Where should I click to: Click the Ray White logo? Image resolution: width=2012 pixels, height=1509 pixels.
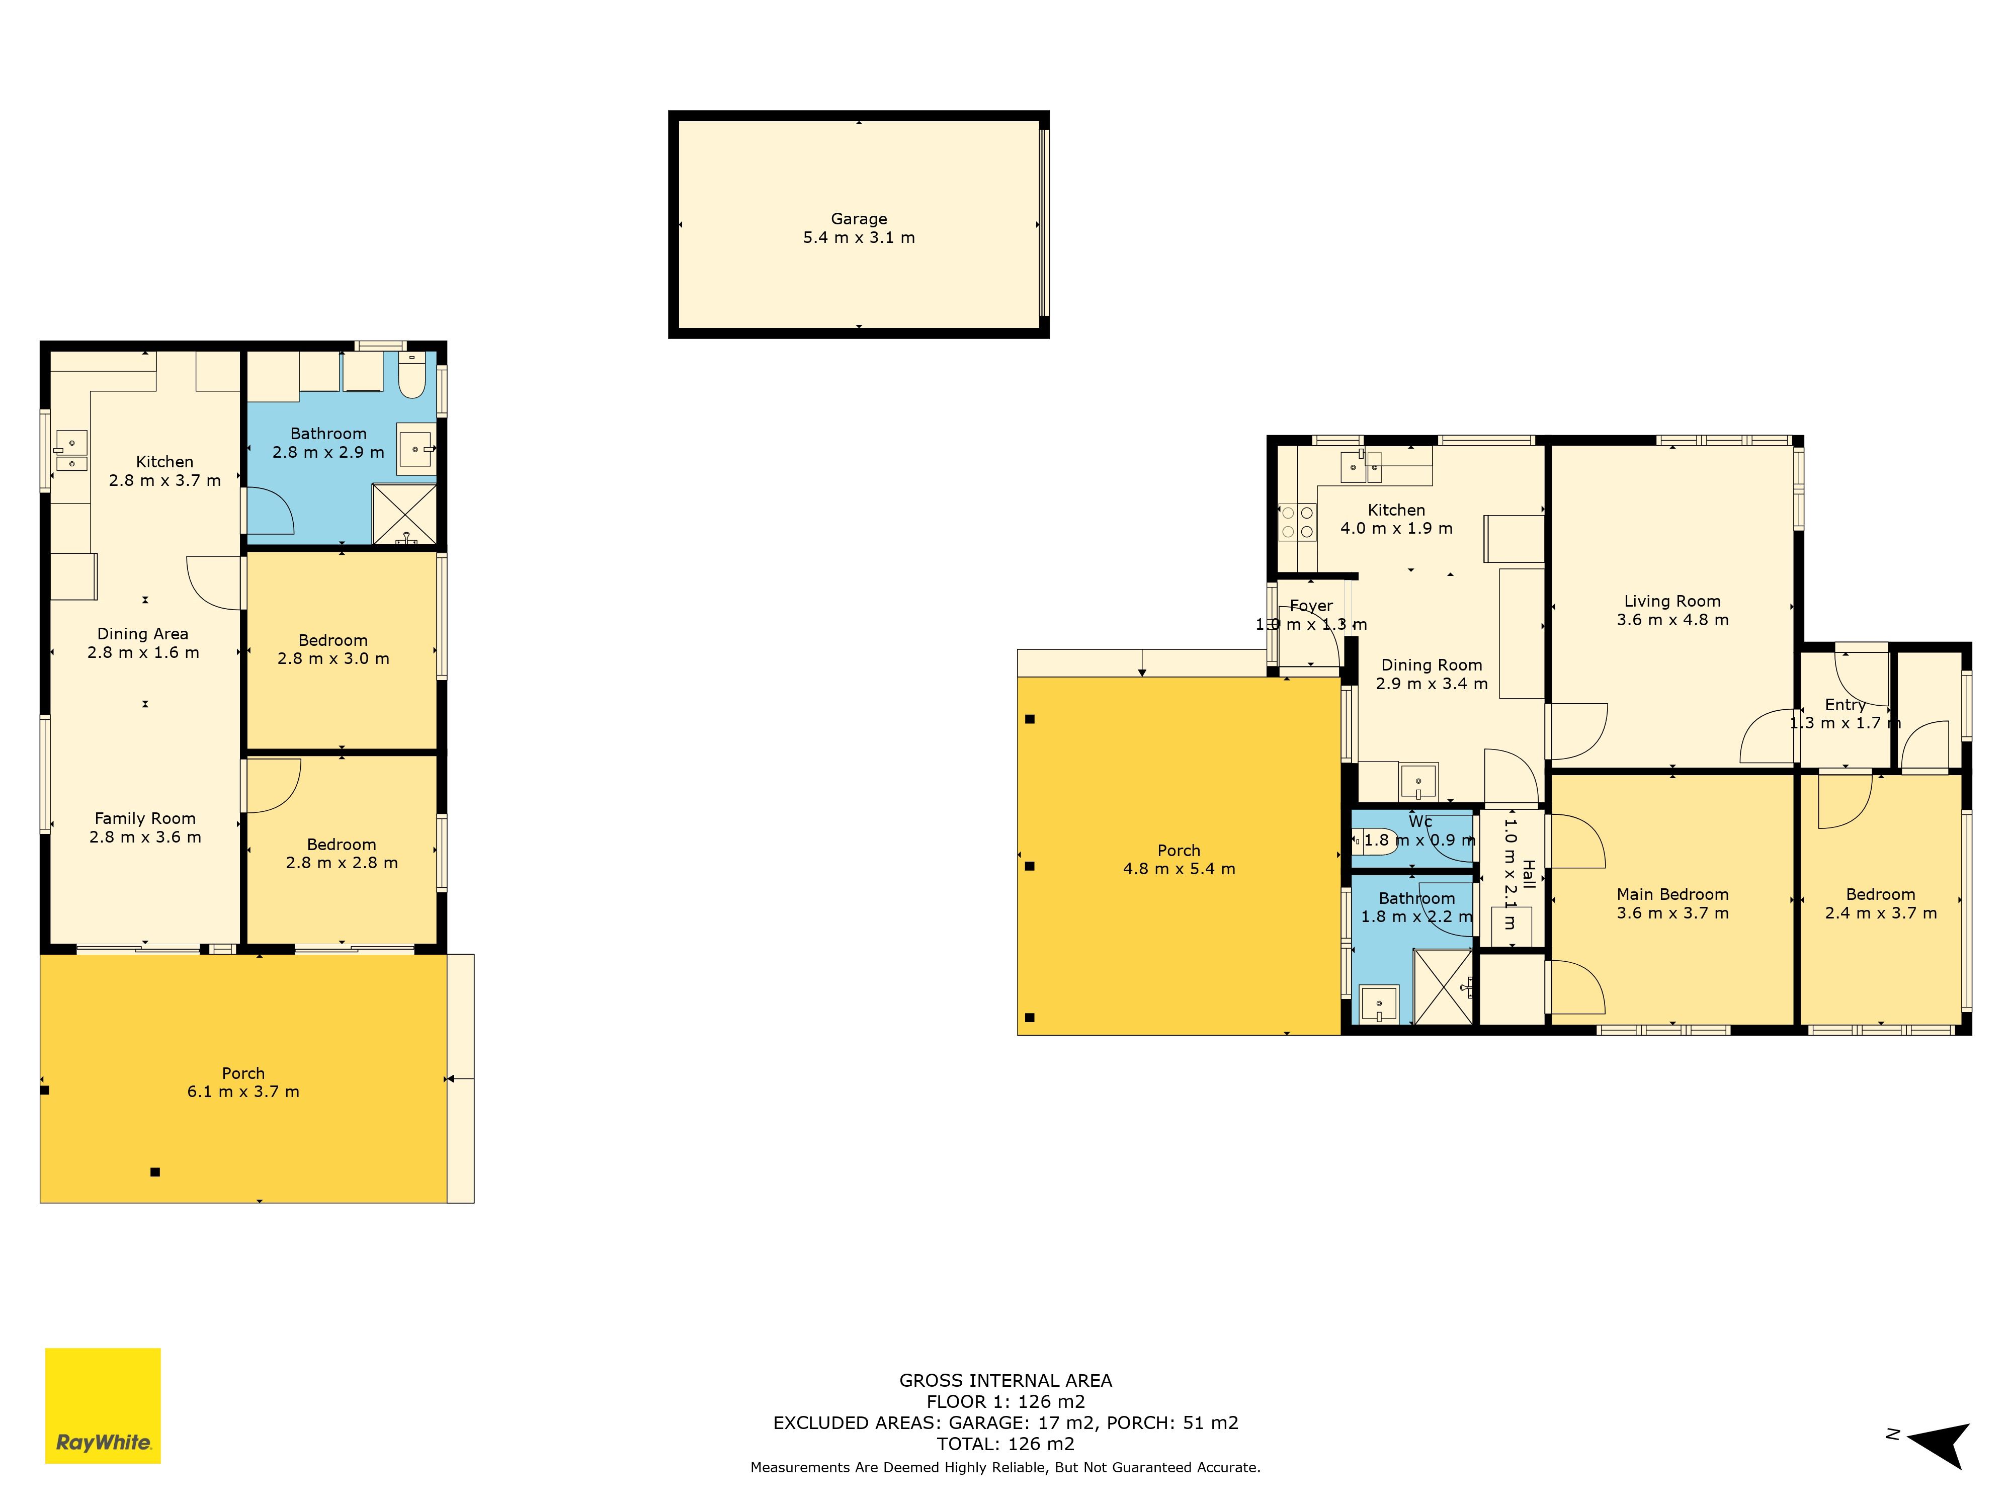click(x=103, y=1405)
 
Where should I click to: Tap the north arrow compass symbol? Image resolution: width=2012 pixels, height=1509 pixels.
click(x=1940, y=1446)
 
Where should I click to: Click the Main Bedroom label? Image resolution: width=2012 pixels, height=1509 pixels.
click(x=1672, y=895)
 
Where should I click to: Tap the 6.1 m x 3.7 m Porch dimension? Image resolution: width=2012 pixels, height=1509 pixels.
click(x=243, y=1092)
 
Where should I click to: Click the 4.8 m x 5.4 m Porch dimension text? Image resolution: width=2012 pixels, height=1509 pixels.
click(x=1179, y=869)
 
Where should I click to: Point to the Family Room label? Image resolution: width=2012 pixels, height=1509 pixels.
click(x=145, y=818)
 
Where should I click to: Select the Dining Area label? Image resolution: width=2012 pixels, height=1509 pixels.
click(x=143, y=634)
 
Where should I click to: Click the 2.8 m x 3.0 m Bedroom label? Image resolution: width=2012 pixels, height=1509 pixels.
click(x=333, y=640)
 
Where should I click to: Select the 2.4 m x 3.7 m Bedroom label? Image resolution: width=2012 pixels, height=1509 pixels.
click(x=1880, y=895)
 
